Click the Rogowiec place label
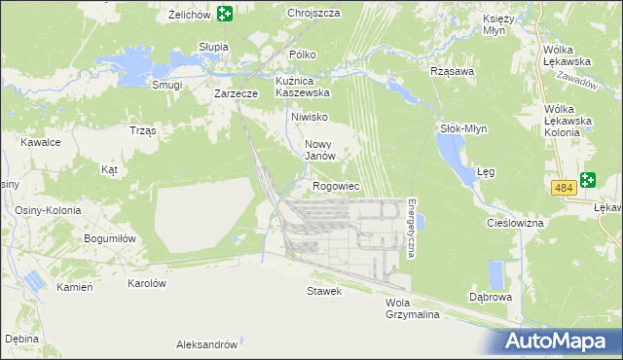[337, 186]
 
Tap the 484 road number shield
[562, 186]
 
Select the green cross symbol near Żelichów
[225, 14]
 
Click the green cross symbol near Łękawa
[587, 180]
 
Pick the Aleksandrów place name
[206, 344]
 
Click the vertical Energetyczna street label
[412, 228]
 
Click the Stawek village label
[324, 291]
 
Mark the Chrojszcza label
[313, 14]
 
